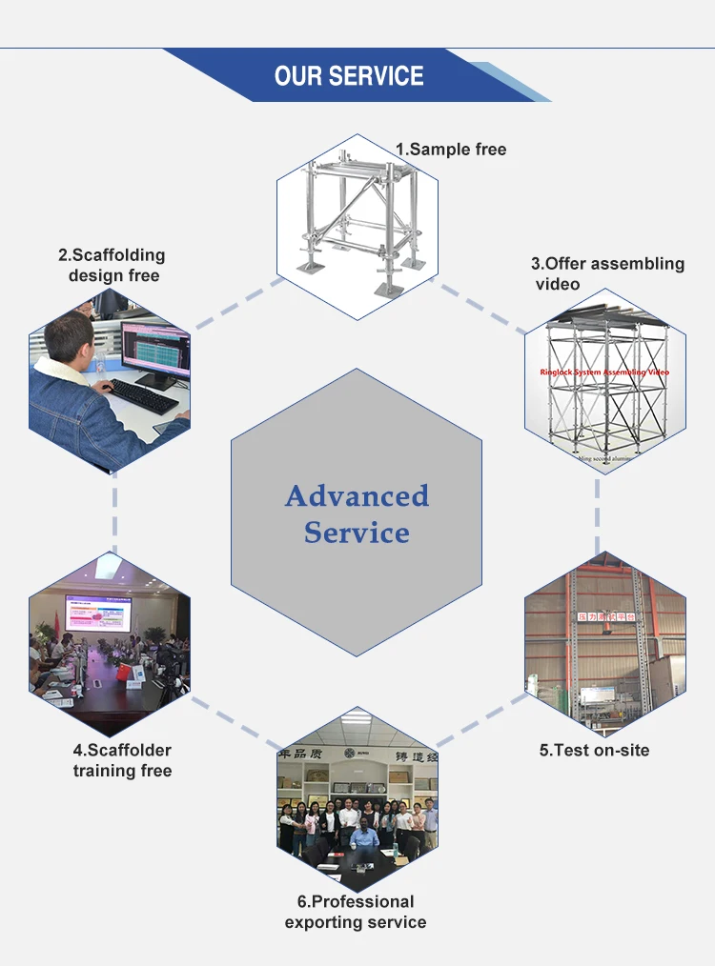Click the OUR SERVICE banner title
pos(349,76)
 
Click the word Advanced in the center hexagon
pos(357,496)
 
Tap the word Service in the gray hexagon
pos(357,533)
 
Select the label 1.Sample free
pos(451,150)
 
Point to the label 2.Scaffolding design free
pos(112,266)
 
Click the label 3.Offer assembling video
pos(607,273)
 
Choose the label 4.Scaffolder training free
pos(122,760)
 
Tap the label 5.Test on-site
pos(594,751)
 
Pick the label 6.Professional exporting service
pos(356,912)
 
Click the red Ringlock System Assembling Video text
pos(604,372)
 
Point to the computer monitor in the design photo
pos(153,352)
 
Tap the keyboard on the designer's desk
pos(143,394)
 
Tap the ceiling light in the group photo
pos(357,716)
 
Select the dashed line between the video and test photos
pos(599,514)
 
